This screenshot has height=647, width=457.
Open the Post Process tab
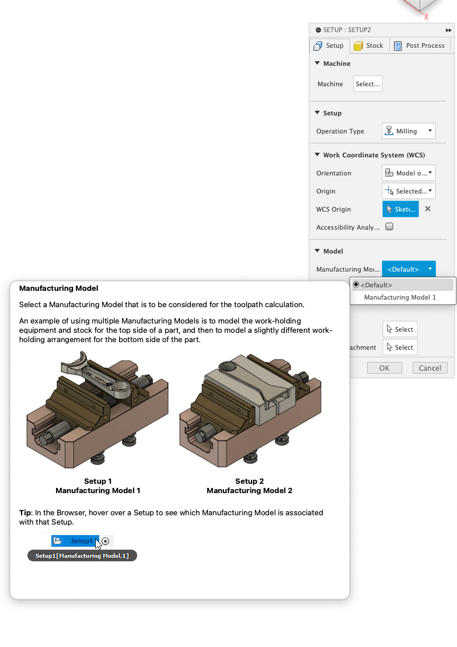click(420, 45)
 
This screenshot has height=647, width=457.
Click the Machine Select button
click(368, 84)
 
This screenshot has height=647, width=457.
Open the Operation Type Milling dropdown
click(409, 131)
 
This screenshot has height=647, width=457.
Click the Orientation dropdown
click(409, 173)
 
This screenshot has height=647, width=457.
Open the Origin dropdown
click(409, 191)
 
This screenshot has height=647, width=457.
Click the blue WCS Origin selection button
click(400, 209)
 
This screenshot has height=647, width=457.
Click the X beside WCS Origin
click(428, 209)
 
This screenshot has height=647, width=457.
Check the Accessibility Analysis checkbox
click(389, 227)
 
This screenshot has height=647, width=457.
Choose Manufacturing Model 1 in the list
click(400, 297)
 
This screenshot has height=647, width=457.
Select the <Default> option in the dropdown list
click(376, 285)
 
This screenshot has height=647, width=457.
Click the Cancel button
click(430, 368)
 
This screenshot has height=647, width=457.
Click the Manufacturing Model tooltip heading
click(58, 289)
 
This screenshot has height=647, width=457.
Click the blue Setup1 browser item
click(75, 541)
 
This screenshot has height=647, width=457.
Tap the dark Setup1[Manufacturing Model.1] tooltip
click(82, 556)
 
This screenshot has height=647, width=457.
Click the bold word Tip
click(25, 513)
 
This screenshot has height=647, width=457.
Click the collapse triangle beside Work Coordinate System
click(318, 155)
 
